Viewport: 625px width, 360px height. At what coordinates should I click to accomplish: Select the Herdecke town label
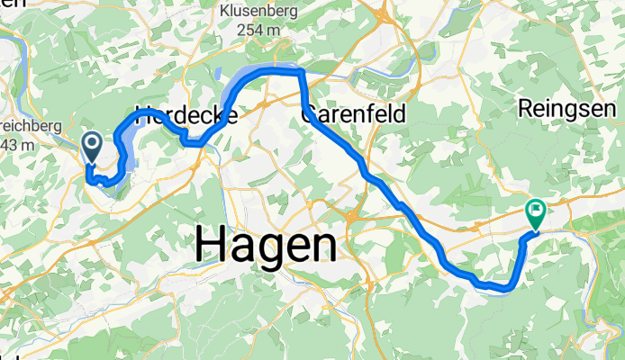point(186,115)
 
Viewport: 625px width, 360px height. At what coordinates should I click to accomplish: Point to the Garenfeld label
point(353,114)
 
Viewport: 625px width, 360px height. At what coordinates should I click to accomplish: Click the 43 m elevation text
point(18,144)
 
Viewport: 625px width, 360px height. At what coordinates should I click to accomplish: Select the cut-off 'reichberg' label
point(31,127)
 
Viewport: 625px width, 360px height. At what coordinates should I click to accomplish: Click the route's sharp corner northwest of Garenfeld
point(301,72)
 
